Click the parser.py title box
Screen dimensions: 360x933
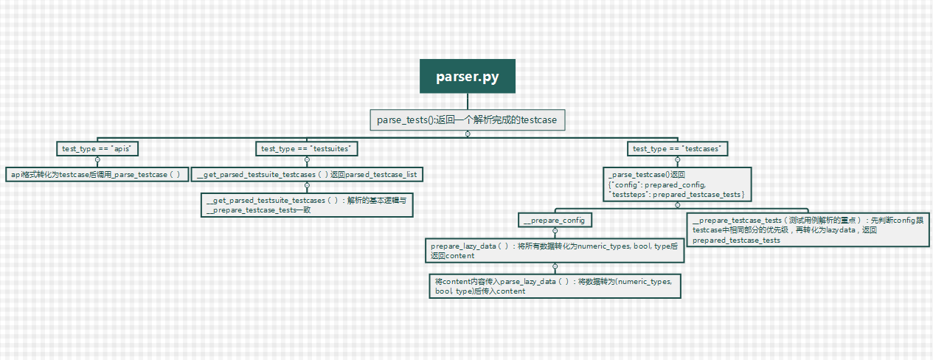[466, 77]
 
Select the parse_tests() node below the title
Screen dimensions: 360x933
[467, 120]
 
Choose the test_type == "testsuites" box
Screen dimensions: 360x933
[307, 148]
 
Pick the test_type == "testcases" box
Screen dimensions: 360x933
[677, 148]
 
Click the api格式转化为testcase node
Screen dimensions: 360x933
[97, 174]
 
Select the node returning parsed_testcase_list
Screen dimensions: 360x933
[307, 174]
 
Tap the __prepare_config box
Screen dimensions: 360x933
[555, 219]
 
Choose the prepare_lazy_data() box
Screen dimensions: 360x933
[554, 251]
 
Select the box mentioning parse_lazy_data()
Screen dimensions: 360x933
[554, 286]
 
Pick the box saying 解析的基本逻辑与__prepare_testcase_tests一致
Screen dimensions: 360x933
[307, 205]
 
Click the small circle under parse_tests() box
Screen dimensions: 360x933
[467, 134]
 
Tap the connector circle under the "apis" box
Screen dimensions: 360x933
[97, 159]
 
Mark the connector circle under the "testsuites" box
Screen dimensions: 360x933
[307, 159]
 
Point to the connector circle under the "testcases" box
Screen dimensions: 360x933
[677, 159]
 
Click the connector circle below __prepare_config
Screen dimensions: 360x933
[555, 230]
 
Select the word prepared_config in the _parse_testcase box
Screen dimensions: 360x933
[679, 184]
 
